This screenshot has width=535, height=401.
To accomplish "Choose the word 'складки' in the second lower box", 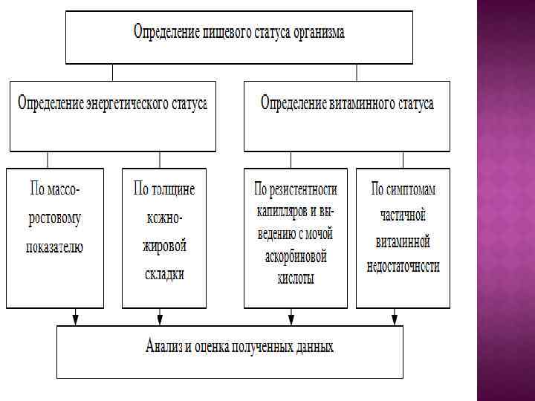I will coord(164,274).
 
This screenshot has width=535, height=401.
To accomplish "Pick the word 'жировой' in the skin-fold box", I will coord(164,247).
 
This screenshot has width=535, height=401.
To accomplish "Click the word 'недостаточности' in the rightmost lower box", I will coord(403,266).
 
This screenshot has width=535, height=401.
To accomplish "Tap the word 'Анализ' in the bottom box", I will coord(168,346).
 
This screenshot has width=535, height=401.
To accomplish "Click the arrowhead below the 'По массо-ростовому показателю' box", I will coord(74,320).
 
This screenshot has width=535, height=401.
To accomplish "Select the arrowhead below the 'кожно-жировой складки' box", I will coord(160,320).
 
